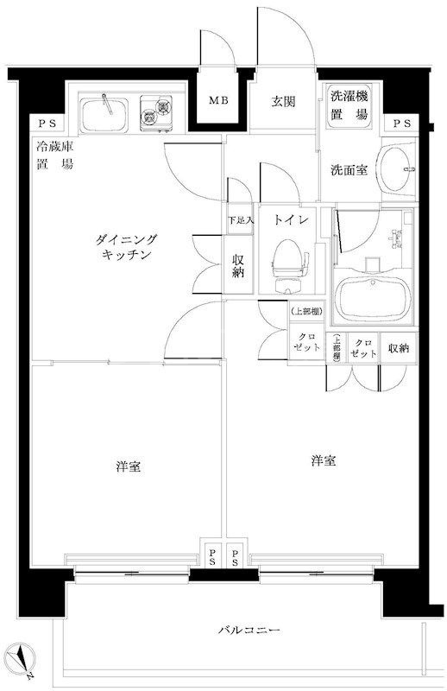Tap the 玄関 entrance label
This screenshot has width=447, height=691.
pos(284,102)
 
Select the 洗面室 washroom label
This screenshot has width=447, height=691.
pos(349,170)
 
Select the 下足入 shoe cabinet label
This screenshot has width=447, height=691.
pos(240,220)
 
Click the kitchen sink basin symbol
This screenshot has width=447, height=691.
pos(106,113)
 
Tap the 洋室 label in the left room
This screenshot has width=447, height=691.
pos(129,467)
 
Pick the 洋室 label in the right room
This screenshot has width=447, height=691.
pos(324,461)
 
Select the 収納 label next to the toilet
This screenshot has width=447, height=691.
pos(238,265)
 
